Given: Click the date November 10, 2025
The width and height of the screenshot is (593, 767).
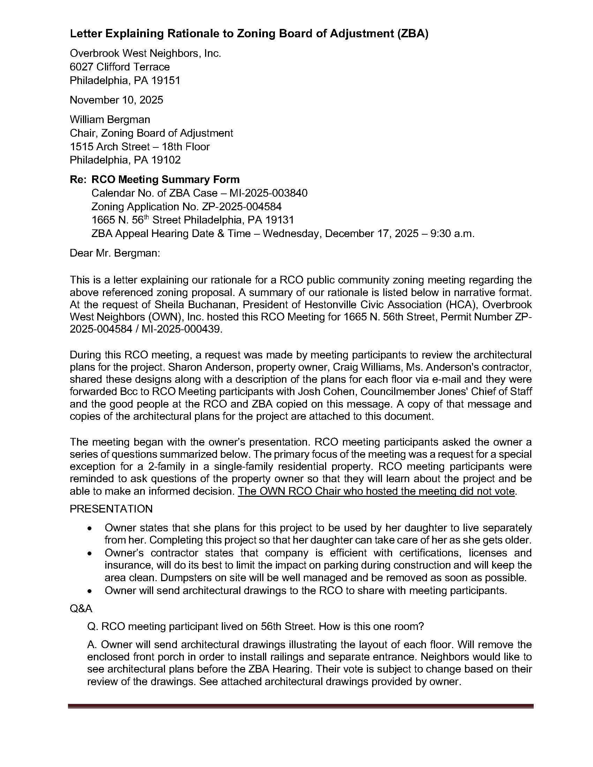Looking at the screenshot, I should pos(116,100).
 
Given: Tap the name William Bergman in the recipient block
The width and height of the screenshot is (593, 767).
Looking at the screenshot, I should pos(110,120).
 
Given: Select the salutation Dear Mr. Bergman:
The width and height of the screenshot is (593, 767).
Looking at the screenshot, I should pos(115,253).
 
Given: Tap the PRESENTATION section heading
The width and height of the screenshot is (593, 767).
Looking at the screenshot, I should pos(111,509).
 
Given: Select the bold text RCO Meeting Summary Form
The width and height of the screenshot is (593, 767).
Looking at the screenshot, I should pos(165,180).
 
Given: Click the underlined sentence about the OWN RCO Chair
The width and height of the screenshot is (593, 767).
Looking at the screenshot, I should pos(376,491).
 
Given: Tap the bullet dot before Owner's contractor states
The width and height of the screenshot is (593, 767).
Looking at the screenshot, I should pos(90,554).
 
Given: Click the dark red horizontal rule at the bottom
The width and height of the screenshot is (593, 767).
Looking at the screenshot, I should pos(301,706).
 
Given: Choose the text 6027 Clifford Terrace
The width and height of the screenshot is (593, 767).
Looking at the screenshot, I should pos(119,67).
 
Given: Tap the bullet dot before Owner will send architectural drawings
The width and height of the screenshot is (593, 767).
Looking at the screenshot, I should pos(90,591).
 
